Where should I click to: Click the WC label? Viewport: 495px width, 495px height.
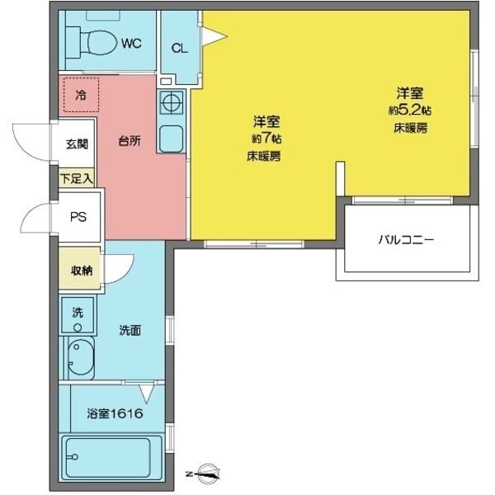click(131, 42)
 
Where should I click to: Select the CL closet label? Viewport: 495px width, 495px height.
click(179, 48)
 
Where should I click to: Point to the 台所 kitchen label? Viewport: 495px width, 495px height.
click(129, 140)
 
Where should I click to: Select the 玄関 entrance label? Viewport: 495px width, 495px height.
click(77, 142)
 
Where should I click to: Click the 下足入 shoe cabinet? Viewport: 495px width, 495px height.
click(77, 177)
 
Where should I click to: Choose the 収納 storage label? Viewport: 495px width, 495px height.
click(80, 270)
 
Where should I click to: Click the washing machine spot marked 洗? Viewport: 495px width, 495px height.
click(78, 313)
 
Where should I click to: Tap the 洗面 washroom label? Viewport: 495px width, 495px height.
click(129, 331)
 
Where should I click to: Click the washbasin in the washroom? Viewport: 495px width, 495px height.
click(80, 357)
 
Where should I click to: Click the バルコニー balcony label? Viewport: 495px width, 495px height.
click(406, 241)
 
